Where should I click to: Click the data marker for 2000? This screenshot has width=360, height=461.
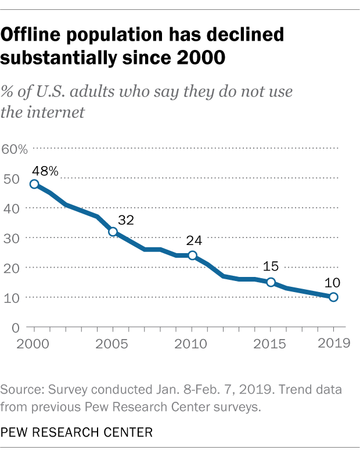point(34,184)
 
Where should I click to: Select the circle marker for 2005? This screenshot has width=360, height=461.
point(113,232)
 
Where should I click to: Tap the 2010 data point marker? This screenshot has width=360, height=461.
point(192,255)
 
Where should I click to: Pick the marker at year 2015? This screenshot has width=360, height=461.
point(271,282)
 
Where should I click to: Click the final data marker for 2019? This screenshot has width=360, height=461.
point(333,297)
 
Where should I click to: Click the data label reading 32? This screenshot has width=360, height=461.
point(126,220)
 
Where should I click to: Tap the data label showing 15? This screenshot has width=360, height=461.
point(271,268)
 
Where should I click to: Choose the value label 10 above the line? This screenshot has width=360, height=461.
point(333,283)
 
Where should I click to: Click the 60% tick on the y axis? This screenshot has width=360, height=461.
point(15,149)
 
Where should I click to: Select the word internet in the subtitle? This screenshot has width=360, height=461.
point(59,111)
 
